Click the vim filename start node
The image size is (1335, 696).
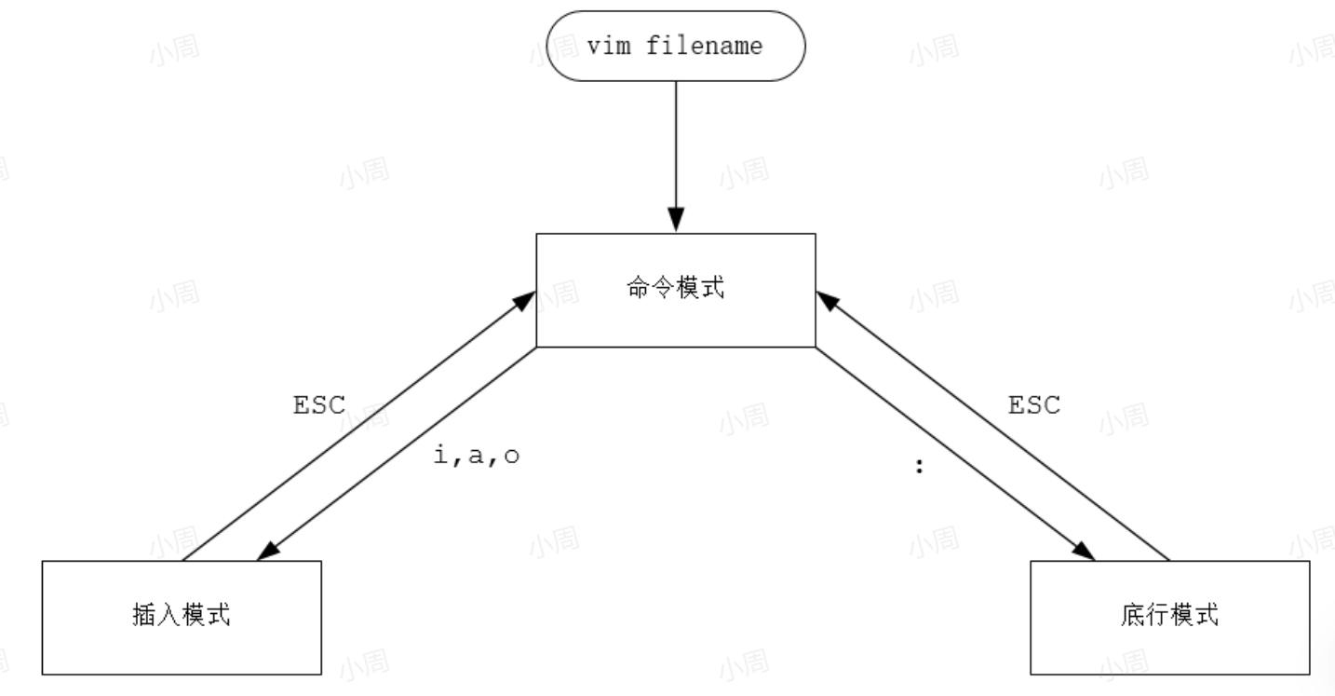(675, 47)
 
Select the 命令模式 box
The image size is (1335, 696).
(675, 290)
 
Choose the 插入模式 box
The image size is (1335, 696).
(182, 617)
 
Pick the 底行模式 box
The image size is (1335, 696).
(1169, 617)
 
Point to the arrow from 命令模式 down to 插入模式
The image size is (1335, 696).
(396, 454)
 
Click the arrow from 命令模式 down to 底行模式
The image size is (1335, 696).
(954, 454)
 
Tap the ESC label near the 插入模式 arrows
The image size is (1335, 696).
(319, 406)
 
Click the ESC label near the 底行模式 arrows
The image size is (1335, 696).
(1034, 406)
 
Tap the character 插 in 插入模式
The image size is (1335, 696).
(142, 617)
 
